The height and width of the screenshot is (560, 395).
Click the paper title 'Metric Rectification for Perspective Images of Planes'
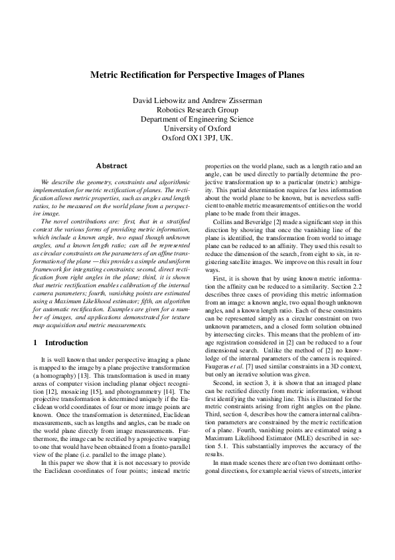pyautogui.click(x=197, y=75)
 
